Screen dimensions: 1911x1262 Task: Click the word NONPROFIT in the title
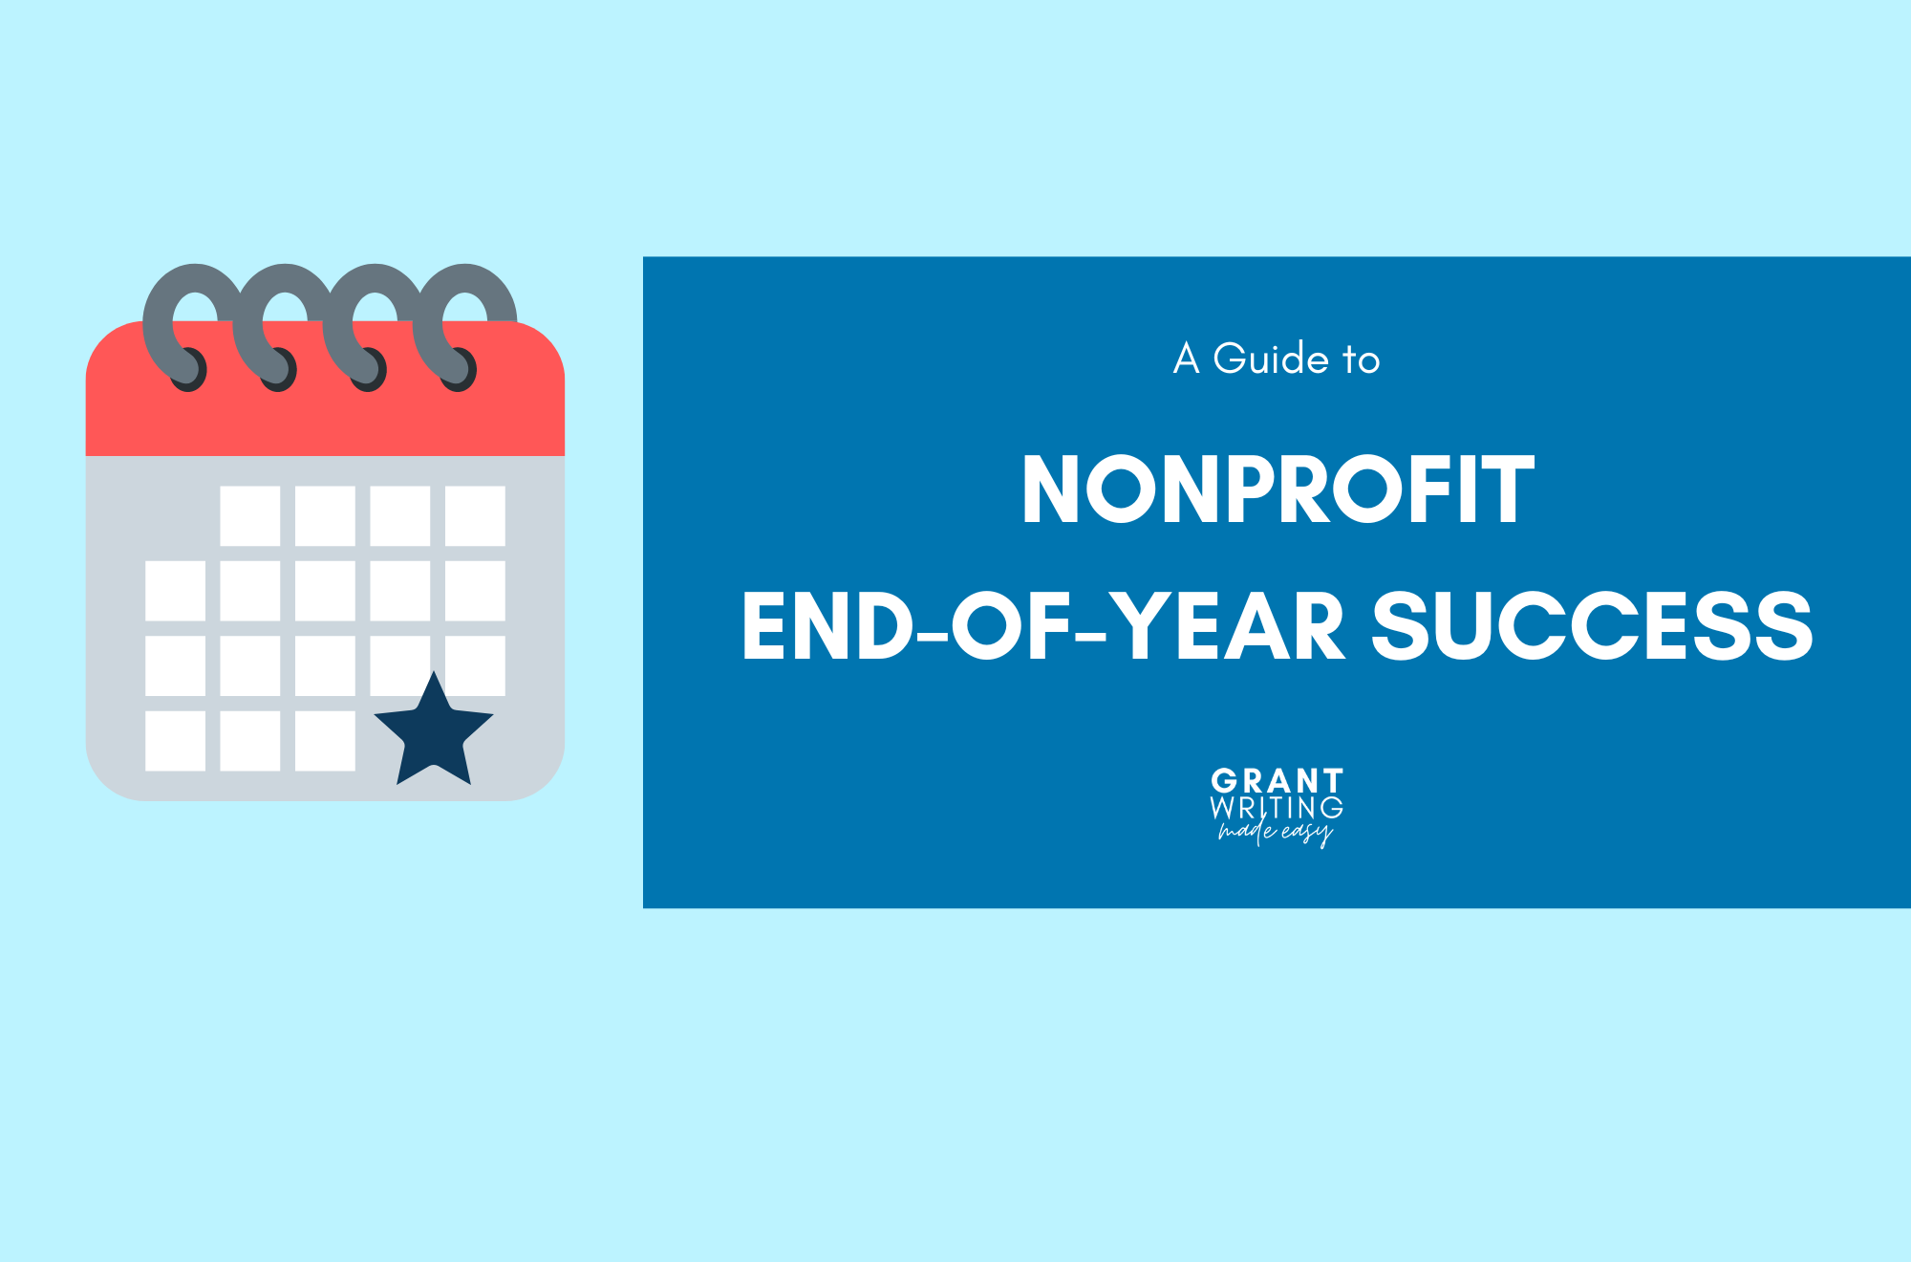click(1278, 490)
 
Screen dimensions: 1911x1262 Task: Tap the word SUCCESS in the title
click(1593, 625)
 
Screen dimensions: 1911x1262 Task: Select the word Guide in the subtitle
click(1271, 359)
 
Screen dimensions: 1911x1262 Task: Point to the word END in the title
click(828, 625)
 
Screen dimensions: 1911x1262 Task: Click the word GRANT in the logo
click(1277, 780)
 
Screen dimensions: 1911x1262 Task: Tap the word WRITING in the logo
click(1277, 808)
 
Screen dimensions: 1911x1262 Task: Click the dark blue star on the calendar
click(434, 731)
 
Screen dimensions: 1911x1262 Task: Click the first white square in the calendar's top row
click(250, 515)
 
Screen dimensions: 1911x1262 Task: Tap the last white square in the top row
click(475, 515)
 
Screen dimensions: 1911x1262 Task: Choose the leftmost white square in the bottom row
click(175, 741)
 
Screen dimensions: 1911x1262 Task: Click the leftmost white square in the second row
click(175, 591)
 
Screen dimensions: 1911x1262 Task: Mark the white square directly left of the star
click(325, 741)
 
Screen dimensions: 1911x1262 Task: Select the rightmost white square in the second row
click(475, 591)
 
